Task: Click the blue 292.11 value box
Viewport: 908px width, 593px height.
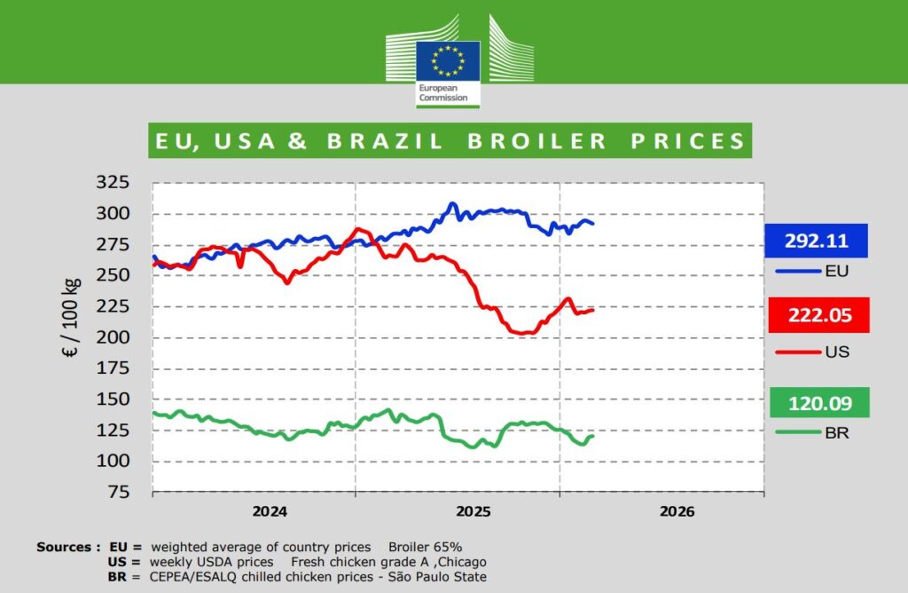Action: pos(816,241)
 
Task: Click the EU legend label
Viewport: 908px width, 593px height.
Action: pos(836,271)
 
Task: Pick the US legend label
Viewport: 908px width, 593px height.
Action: pos(836,352)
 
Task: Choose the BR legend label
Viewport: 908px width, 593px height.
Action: pos(836,434)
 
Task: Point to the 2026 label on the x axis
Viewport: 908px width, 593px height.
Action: pos(677,511)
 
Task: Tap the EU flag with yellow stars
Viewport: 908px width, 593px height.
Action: pos(449,61)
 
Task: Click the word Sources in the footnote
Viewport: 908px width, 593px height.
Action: pos(63,547)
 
